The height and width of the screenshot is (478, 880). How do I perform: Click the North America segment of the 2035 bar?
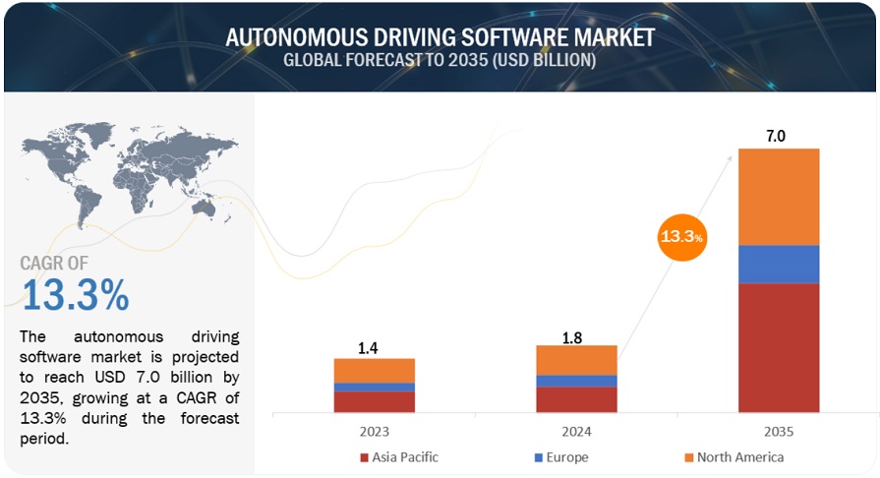tap(779, 197)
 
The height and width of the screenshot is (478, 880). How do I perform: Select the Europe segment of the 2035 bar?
tap(779, 264)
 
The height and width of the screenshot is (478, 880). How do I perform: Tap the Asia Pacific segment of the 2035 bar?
tap(779, 346)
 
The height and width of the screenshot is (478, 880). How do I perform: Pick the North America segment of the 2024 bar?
tap(576, 360)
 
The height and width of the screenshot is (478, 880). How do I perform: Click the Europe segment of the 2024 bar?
tap(576, 381)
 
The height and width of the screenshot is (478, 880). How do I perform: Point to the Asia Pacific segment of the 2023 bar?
tap(374, 401)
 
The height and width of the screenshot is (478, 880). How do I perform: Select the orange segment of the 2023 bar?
tap(374, 370)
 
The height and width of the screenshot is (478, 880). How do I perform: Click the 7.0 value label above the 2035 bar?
tap(776, 137)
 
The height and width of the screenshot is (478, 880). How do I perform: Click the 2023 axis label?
tap(374, 431)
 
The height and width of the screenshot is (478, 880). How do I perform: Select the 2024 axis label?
tap(576, 431)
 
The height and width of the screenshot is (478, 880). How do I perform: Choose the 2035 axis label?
tap(779, 431)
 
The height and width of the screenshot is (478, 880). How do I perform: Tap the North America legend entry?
tap(736, 457)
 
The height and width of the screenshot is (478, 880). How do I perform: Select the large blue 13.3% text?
tap(75, 294)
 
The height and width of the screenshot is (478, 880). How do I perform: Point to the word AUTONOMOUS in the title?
tap(296, 37)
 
